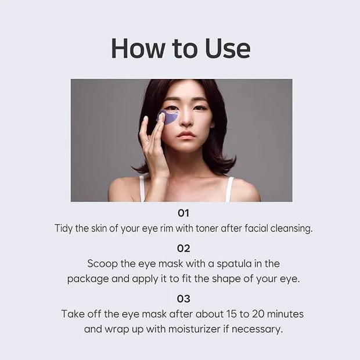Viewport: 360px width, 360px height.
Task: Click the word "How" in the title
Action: [138, 48]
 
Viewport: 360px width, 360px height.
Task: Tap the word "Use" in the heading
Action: [228, 48]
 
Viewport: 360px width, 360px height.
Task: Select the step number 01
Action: [183, 213]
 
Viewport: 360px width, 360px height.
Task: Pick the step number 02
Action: [183, 249]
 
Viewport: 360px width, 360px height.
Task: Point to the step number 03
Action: [183, 298]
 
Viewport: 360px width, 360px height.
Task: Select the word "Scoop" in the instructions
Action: [102, 264]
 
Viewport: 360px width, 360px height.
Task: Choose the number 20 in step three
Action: [258, 314]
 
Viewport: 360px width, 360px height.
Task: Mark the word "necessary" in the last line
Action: [257, 330]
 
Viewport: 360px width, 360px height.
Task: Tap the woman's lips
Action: [186, 135]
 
